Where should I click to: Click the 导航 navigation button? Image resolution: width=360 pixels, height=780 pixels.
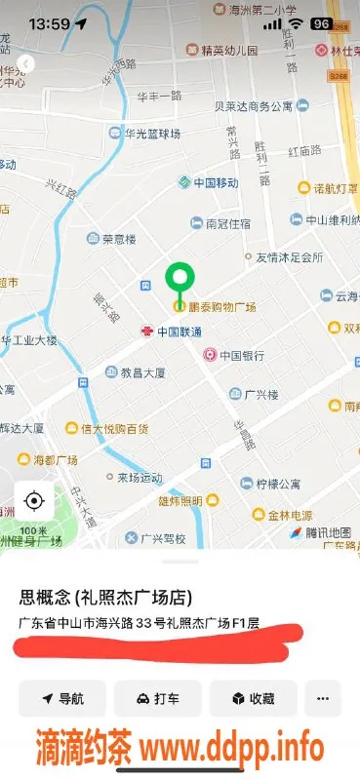pos(63,698)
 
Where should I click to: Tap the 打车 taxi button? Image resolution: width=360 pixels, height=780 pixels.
pos(158,698)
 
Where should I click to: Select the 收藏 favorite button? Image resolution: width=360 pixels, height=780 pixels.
pos(252,698)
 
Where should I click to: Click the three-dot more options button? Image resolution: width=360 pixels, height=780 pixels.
pos(323,698)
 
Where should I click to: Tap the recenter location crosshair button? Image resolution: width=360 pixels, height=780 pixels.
pos(34,502)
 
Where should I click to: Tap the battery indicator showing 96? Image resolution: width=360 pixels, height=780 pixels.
pos(321,22)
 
